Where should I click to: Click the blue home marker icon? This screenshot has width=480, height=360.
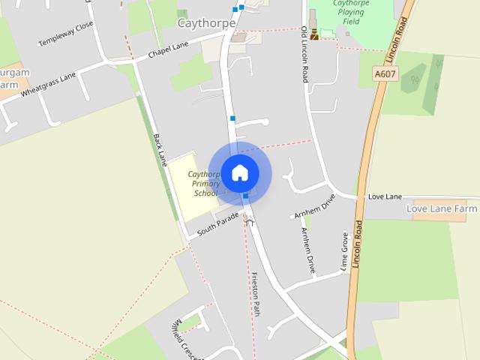239,172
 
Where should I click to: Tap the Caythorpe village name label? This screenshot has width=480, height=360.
206,23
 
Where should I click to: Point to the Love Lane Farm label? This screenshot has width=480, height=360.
442,208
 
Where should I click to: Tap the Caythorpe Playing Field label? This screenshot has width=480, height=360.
344,13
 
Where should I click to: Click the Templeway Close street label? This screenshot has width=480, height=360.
66,34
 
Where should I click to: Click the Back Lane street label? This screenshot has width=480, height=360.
160,150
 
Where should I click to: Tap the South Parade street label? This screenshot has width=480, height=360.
217,224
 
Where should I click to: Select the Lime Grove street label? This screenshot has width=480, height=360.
346,250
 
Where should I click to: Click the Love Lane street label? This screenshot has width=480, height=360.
385,196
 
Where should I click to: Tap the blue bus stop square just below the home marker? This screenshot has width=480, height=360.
245,196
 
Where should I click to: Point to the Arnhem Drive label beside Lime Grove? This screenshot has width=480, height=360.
308,250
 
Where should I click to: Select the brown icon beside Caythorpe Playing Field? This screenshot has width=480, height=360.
313,34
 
